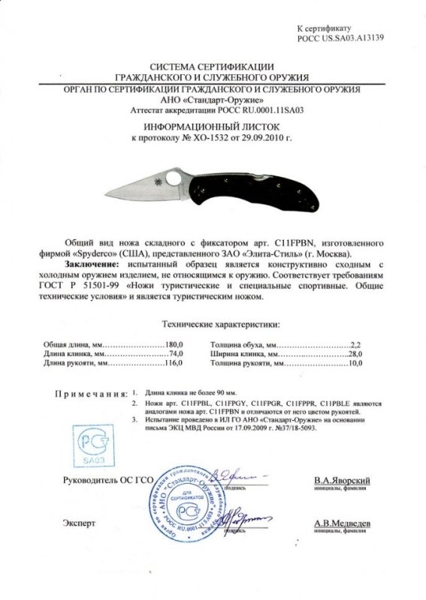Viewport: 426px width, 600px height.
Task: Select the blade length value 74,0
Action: click(176, 352)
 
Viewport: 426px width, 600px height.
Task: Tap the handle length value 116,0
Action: click(174, 363)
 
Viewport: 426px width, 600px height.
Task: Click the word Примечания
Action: click(88, 393)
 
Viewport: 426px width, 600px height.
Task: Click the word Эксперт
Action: click(80, 524)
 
